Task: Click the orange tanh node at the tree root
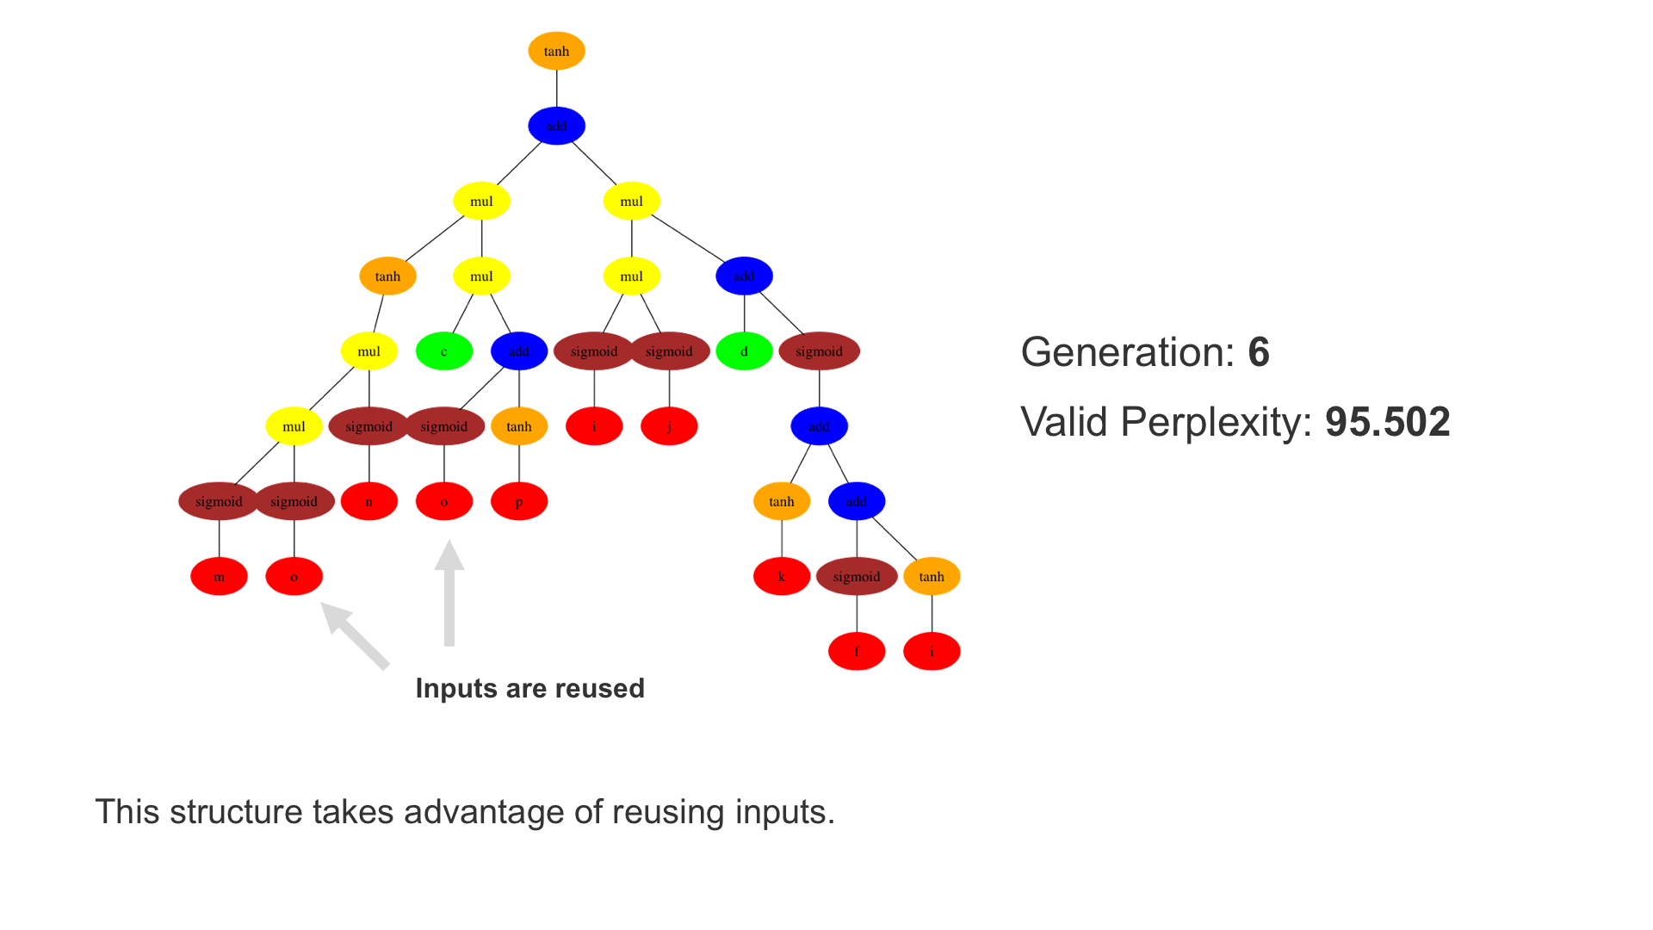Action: pyautogui.click(x=556, y=51)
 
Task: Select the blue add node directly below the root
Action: pyautogui.click(x=556, y=126)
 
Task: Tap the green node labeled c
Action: pyautogui.click(x=444, y=351)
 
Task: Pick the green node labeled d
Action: pyautogui.click(x=744, y=351)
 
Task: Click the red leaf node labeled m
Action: pyautogui.click(x=219, y=577)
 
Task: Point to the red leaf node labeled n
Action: pyautogui.click(x=368, y=501)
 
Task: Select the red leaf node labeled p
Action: pyautogui.click(x=519, y=501)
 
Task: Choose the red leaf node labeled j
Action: pyautogui.click(x=669, y=426)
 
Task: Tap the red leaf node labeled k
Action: pyautogui.click(x=782, y=577)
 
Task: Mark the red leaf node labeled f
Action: pyautogui.click(x=857, y=652)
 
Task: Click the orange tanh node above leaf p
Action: pyautogui.click(x=519, y=426)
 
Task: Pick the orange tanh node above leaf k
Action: pyautogui.click(x=782, y=501)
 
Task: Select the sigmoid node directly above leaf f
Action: pyautogui.click(x=857, y=577)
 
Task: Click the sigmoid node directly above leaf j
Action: pyautogui.click(x=669, y=351)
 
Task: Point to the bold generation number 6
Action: pyautogui.click(x=1259, y=352)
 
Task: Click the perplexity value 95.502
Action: pyautogui.click(x=1387, y=422)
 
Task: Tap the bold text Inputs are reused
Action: pyautogui.click(x=529, y=688)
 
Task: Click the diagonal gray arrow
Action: pyautogui.click(x=355, y=635)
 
